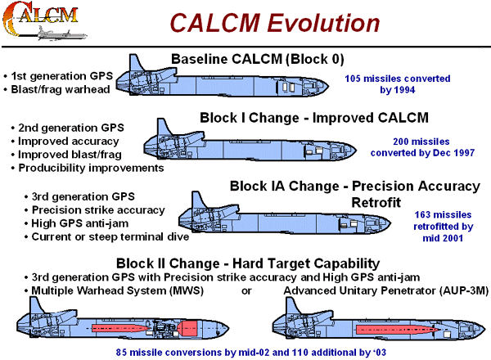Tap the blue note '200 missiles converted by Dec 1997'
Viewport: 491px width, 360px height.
tap(418, 146)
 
